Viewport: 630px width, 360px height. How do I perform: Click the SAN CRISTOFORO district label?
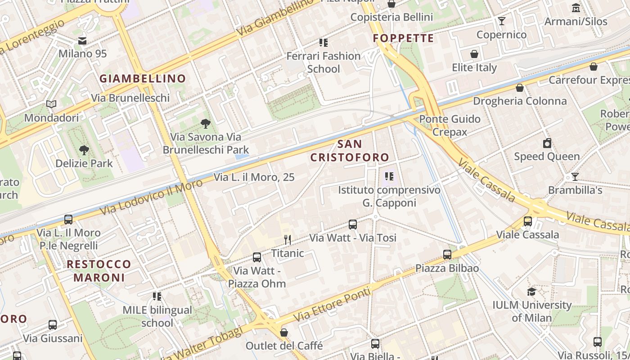349,151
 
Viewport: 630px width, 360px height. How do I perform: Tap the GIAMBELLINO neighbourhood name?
143,78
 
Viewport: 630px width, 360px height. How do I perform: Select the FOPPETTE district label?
403,38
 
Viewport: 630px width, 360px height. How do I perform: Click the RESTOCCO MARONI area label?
99,270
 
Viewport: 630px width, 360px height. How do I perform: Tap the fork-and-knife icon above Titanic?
288,239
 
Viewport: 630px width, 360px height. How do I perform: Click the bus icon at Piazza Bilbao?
447,255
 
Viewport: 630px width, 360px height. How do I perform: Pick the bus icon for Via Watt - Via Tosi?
353,224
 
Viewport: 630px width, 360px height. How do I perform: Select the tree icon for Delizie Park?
84,150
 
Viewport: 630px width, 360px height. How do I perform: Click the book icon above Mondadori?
51,104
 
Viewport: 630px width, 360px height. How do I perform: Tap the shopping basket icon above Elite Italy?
474,54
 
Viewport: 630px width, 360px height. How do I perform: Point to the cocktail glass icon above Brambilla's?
575,176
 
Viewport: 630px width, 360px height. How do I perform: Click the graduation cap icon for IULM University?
531,292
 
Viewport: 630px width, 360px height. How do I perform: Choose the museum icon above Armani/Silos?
576,8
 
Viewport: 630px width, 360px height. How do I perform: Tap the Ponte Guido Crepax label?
450,126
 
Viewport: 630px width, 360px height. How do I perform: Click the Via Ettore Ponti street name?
333,304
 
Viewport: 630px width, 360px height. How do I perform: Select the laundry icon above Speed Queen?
547,143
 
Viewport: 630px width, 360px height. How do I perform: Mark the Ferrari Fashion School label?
324,63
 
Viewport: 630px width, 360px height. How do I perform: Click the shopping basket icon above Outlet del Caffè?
284,333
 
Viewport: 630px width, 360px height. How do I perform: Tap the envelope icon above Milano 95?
82,40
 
